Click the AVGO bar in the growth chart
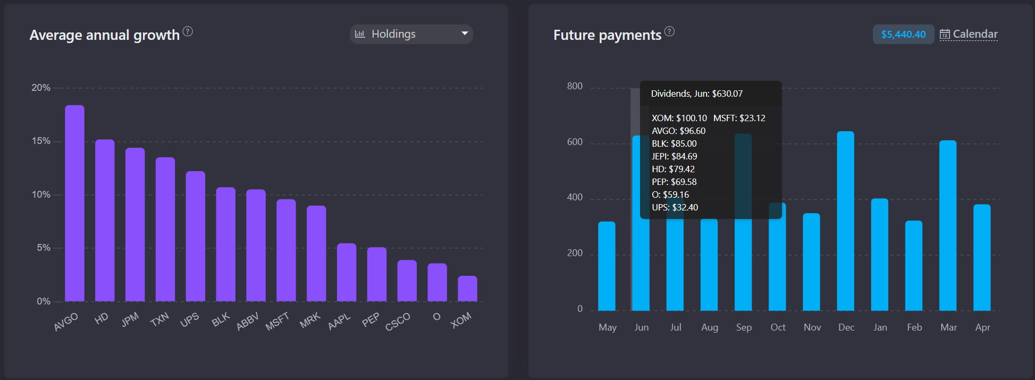coord(74,203)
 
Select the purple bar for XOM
coord(467,289)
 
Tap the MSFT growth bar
coord(286,250)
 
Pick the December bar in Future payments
coord(845,221)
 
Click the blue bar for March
coord(947,225)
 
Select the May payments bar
coord(607,266)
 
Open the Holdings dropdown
coord(411,34)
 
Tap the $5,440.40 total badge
coord(903,34)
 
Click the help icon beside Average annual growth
coord(188,31)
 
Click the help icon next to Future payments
coord(669,31)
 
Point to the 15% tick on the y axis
coord(41,141)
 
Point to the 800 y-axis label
coord(575,86)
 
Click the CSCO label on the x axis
coord(398,322)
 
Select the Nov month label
coord(812,327)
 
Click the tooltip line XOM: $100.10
coord(679,118)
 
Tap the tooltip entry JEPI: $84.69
coord(674,156)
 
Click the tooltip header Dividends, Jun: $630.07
coord(696,94)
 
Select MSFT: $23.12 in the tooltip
coord(739,118)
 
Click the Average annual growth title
coord(105,35)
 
